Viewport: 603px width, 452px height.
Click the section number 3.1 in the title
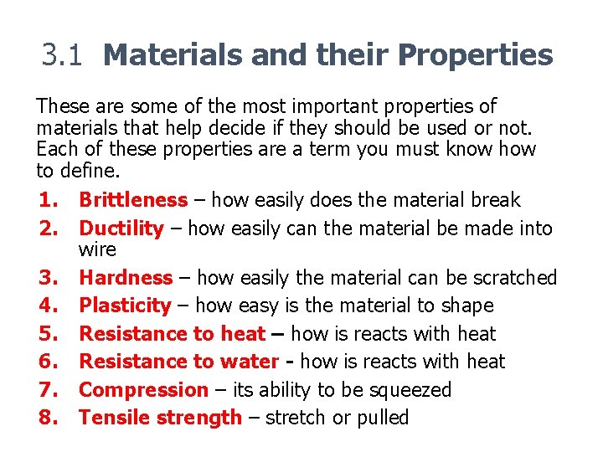pos(64,55)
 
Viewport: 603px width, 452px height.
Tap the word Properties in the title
pos(476,55)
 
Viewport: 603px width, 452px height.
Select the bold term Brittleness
pos(133,200)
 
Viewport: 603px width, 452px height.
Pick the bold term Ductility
pos(121,228)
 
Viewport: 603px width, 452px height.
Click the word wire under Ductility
pos(97,249)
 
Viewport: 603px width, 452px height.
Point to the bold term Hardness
pos(126,278)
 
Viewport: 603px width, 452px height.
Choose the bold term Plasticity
pos(125,306)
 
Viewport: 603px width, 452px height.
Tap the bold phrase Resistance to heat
pos(172,334)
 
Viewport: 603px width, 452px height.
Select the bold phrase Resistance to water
pos(178,362)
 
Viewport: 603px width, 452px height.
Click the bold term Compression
pos(143,390)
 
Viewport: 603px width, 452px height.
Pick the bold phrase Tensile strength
pos(160,418)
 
